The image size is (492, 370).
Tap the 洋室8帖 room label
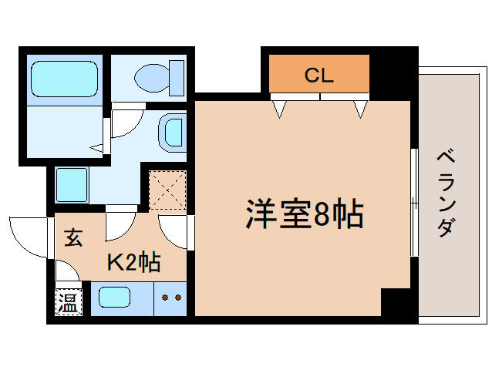pyautogui.click(x=305, y=215)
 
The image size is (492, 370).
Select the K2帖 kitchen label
pyautogui.click(x=133, y=263)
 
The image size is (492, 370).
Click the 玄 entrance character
pyautogui.click(x=72, y=238)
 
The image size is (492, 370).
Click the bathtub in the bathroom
pyautogui.click(x=64, y=79)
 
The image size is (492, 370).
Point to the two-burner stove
pyautogui.click(x=170, y=298)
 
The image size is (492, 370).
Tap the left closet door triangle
pyautogui.click(x=279, y=109)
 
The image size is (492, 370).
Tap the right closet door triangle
pyautogui.click(x=360, y=109)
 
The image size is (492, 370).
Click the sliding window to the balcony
pyautogui.click(x=414, y=202)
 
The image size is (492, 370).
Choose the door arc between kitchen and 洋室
pyautogui.click(x=174, y=229)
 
